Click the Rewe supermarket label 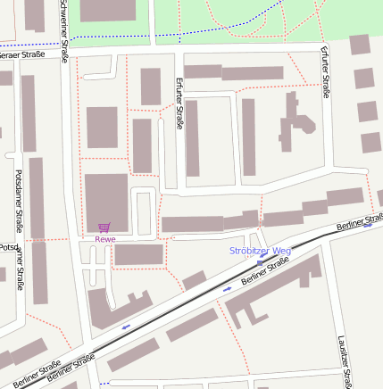pyautogui.click(x=105, y=238)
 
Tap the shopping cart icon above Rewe pyautogui.click(x=105, y=228)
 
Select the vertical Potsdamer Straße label pyautogui.click(x=19, y=200)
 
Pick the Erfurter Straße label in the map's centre pyautogui.click(x=179, y=102)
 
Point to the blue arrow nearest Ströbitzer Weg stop pyautogui.click(x=227, y=289)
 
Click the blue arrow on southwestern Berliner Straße pyautogui.click(x=125, y=327)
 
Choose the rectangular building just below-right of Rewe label pyautogui.click(x=138, y=254)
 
